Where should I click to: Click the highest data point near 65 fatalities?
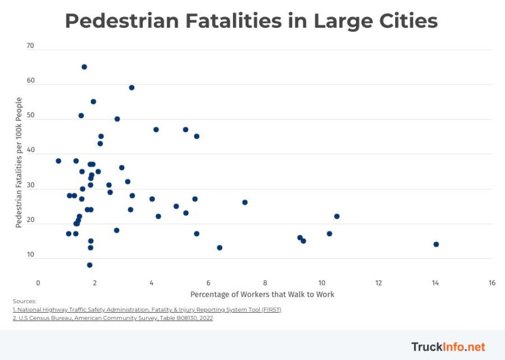(84, 67)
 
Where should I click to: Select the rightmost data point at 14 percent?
(436, 244)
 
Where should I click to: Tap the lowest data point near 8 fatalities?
(90, 265)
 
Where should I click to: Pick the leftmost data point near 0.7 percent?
(58, 161)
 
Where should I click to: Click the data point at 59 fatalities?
(131, 88)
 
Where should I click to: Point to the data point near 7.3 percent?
(245, 202)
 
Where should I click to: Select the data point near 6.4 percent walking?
(220, 248)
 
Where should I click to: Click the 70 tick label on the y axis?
(30, 46)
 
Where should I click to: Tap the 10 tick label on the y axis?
(30, 254)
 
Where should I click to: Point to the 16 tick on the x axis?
(492, 283)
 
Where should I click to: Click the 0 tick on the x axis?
(38, 283)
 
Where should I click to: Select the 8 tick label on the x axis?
(265, 283)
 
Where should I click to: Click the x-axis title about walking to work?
(262, 295)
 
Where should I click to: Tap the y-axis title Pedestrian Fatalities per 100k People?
(19, 163)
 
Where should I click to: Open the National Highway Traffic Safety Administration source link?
(147, 310)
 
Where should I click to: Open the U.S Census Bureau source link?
(113, 318)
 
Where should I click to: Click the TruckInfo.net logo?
(448, 347)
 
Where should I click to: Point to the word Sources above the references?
(24, 301)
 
